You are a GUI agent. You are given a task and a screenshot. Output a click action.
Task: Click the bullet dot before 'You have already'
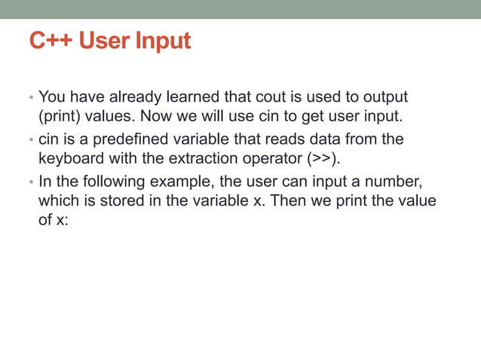click(32, 99)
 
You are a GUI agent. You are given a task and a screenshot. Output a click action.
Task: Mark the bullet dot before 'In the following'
click(32, 185)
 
